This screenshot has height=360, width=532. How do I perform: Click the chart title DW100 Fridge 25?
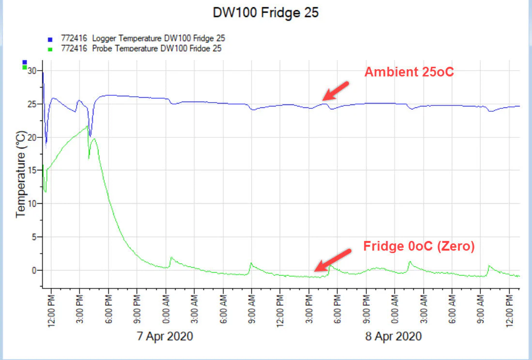pos(266,13)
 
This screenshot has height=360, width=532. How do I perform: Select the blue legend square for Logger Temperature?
pos(50,39)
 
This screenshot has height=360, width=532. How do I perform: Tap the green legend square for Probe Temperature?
pos(50,48)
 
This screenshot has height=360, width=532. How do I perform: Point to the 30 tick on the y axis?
pos(32,71)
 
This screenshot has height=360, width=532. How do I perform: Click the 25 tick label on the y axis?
pos(32,104)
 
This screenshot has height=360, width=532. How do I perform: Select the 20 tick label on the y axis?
pos(32,137)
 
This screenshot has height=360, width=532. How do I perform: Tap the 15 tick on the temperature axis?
pos(32,170)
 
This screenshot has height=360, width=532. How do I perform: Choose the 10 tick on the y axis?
pos(32,204)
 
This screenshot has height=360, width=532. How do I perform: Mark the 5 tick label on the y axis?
pos(34,237)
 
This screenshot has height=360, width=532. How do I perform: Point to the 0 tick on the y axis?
pos(34,270)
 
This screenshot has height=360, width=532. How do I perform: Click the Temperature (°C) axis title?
pos(21,173)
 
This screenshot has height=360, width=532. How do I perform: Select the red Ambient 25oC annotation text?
pos(409,73)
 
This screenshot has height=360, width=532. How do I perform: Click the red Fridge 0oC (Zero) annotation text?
pos(419,246)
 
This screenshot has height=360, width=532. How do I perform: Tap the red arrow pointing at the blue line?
pos(336,90)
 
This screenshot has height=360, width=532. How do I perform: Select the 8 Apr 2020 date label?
pos(394,336)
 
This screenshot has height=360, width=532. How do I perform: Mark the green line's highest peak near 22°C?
pos(87,126)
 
